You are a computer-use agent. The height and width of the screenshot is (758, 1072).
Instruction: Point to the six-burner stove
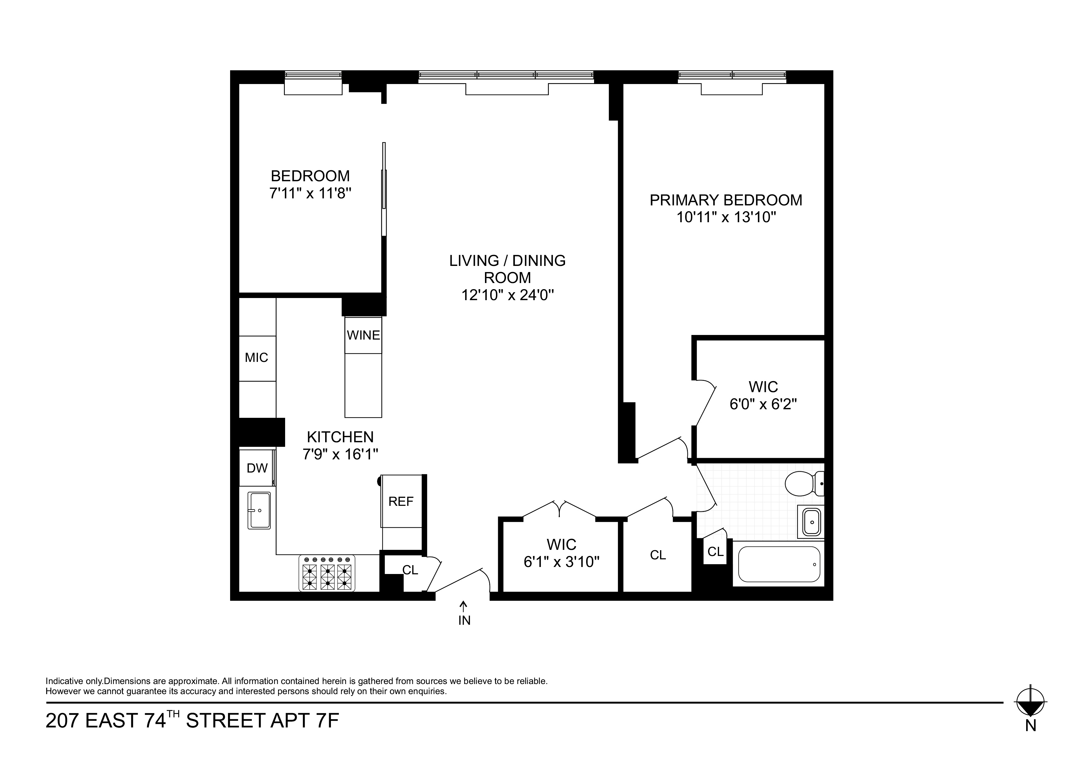tap(327, 573)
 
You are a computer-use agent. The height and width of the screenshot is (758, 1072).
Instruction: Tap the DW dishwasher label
tap(257, 469)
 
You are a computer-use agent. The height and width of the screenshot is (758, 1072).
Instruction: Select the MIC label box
tap(257, 358)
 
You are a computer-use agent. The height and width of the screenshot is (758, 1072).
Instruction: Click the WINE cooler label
tap(363, 335)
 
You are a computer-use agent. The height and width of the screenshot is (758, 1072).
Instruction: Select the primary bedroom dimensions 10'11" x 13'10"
tap(726, 217)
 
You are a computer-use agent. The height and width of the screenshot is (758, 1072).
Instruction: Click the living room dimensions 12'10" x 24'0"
tap(508, 295)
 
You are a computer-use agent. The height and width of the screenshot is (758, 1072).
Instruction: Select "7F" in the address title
tap(327, 721)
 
